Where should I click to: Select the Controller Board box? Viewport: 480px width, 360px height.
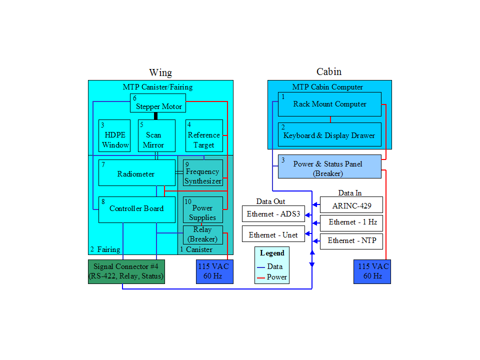pos(136,209)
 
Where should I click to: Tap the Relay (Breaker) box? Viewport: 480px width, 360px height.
pos(202,234)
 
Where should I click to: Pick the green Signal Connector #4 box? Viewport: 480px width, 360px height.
pos(126,271)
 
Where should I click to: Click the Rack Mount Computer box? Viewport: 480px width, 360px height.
pos(329,104)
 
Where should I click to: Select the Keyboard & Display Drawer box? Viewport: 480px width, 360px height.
pos(329,134)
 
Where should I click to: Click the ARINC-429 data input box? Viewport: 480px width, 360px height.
pos(351,205)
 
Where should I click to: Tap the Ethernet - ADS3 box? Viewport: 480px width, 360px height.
pos(273,214)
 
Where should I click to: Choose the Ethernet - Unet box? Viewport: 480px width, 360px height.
pos(273,234)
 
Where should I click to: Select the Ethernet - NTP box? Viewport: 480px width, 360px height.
pos(351,241)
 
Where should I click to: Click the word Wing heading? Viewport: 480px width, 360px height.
pos(160,73)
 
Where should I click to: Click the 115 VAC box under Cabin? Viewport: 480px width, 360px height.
pos(372,271)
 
